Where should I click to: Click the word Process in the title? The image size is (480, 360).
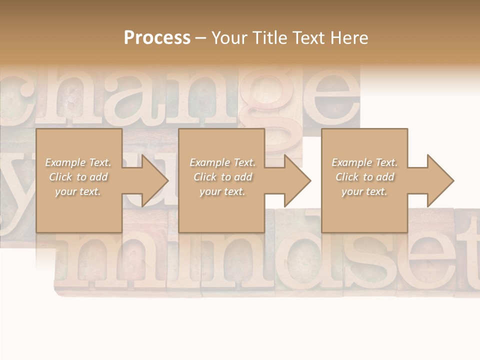click(x=157, y=38)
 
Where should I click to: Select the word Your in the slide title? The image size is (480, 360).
click(x=227, y=38)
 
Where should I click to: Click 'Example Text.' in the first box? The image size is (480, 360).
click(x=78, y=162)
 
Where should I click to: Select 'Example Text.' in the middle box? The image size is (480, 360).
click(x=222, y=162)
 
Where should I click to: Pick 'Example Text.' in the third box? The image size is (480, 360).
click(x=364, y=162)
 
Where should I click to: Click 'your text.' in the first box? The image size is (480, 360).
click(x=78, y=191)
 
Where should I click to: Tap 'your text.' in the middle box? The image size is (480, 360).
click(x=222, y=191)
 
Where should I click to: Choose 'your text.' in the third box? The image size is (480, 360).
click(x=364, y=191)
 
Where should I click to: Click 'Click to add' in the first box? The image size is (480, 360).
click(x=78, y=177)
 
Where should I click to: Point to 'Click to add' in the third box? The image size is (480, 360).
click(x=364, y=177)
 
